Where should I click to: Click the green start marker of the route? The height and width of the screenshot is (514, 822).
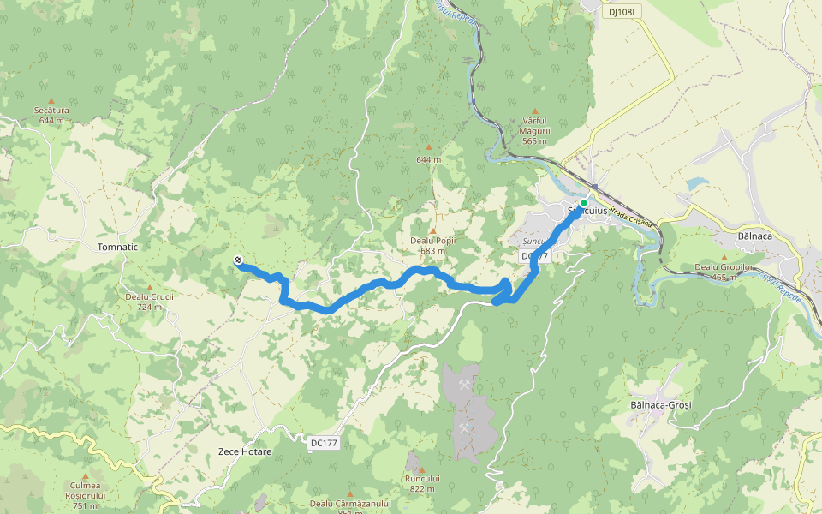[x=584, y=203]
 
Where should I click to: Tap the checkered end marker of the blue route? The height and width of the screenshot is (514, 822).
[x=238, y=260]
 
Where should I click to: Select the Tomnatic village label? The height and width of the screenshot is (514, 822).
[x=118, y=247]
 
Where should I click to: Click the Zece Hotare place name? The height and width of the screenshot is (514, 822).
[x=245, y=451]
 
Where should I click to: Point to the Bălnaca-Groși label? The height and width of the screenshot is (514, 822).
[x=659, y=403]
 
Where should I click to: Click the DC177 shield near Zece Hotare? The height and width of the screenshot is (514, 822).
[x=324, y=442]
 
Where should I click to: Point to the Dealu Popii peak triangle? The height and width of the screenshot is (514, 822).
[x=432, y=230]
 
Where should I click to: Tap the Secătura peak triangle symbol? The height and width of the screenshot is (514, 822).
[x=51, y=100]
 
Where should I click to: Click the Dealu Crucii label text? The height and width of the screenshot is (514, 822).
[x=150, y=297]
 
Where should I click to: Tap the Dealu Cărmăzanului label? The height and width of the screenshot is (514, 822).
[x=350, y=504]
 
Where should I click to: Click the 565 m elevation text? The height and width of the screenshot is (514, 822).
[x=535, y=140]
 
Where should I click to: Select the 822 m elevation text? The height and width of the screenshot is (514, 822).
[x=422, y=488]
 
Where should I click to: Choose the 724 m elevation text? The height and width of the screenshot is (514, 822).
[x=150, y=307]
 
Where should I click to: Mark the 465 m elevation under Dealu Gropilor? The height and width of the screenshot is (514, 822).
[x=724, y=277]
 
